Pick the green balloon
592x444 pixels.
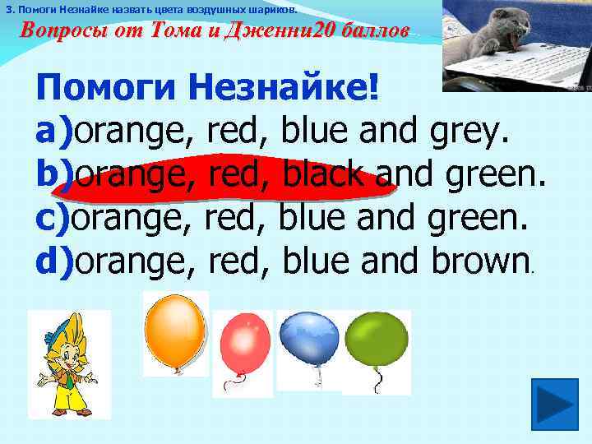377,340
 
